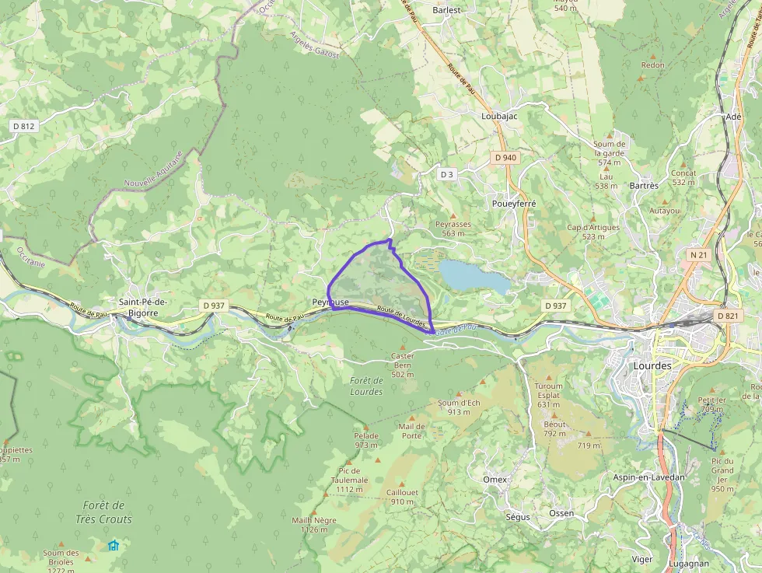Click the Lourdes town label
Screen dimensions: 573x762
coord(652,365)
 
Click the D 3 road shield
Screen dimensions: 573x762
coord(446,174)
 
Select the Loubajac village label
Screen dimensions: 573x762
coord(499,116)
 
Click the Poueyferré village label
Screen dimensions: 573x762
coord(514,203)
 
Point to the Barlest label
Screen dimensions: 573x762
coord(446,10)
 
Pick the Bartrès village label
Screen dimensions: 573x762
coord(645,186)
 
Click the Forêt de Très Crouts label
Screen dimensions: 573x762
coord(103,512)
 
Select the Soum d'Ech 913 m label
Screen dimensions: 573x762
coord(459,407)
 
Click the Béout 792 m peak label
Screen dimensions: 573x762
coord(554,429)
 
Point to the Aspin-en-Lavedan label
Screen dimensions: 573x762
coord(649,477)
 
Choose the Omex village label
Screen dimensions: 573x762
coord(495,480)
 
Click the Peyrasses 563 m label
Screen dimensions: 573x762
coord(453,229)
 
